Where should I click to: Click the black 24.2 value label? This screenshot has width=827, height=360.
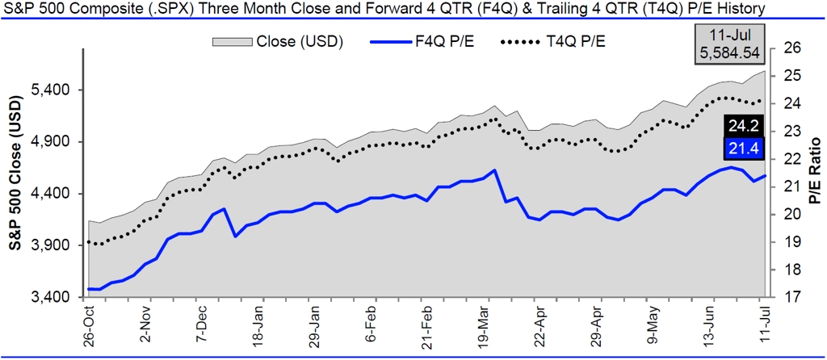(x=741, y=126)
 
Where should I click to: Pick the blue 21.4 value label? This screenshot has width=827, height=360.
(x=741, y=149)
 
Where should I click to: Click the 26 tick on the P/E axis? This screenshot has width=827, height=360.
(x=791, y=48)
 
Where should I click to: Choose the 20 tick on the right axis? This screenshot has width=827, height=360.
(x=791, y=214)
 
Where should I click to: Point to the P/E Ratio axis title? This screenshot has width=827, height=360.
(x=815, y=173)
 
